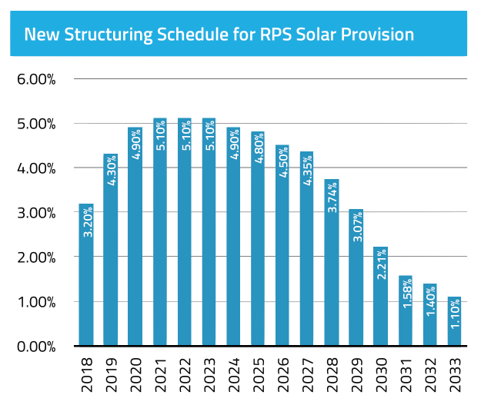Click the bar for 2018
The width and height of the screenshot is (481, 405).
click(x=86, y=274)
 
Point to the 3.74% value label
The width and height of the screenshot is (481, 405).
click(x=332, y=198)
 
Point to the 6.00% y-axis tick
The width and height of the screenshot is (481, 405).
click(x=35, y=79)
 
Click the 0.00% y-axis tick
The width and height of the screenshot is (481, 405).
click(x=35, y=347)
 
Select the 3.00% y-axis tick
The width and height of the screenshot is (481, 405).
click(x=35, y=213)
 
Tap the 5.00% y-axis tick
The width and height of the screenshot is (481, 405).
click(x=35, y=124)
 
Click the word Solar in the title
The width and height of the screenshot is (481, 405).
click(x=306, y=35)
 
